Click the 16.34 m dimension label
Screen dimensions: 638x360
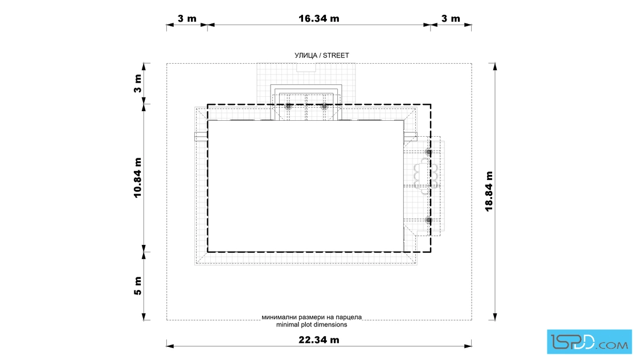(x=318, y=18)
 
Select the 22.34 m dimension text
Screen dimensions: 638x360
(x=318, y=339)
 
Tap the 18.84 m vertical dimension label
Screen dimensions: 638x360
(x=489, y=191)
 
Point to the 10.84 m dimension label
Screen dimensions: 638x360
(x=137, y=178)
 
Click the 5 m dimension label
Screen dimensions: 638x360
(x=137, y=286)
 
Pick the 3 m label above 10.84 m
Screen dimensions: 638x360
(x=137, y=83)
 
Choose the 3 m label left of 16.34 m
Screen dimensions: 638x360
(x=187, y=18)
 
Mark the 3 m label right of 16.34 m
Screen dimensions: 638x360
(x=451, y=18)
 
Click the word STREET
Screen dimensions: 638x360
(x=336, y=55)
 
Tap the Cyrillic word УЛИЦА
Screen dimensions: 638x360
(x=305, y=55)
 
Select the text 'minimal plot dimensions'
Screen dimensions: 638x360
(x=312, y=325)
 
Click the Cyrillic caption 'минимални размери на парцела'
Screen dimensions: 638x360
(x=312, y=317)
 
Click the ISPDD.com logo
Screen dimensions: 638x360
(x=589, y=342)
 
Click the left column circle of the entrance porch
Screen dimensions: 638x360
(x=288, y=107)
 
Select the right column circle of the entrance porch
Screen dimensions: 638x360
(x=324, y=107)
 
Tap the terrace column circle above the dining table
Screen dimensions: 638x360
(x=428, y=152)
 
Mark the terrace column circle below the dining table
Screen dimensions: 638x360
(x=428, y=220)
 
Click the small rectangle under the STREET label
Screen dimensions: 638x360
(x=306, y=68)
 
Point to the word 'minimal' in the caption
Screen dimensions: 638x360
(x=287, y=325)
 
